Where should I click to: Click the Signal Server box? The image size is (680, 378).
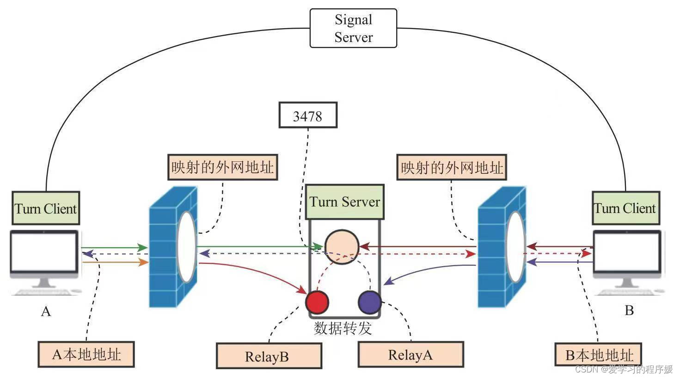tap(353, 28)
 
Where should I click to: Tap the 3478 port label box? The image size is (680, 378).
tap(307, 116)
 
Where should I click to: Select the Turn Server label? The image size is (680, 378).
tap(344, 202)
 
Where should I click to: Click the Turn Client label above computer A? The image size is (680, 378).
tap(46, 208)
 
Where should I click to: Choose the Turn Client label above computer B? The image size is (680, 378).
tap(625, 208)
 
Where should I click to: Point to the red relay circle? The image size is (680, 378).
tap(317, 302)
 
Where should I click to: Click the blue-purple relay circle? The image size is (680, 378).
tap(369, 302)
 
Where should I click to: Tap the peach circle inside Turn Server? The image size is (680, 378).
tap(342, 247)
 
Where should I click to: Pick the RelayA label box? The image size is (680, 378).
tap(410, 355)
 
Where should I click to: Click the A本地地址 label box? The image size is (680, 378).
tap(86, 354)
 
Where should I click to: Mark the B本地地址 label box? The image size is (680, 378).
tap(599, 355)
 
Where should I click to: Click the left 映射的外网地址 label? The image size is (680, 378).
tap(222, 167)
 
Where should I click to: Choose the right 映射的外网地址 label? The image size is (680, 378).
tap(451, 167)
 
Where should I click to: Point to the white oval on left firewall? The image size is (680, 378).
tap(187, 247)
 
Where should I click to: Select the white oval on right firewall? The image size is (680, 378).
tap(515, 247)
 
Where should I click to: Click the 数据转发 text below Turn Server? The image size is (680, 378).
tap(343, 328)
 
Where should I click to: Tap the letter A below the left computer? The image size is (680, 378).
tap(46, 311)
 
